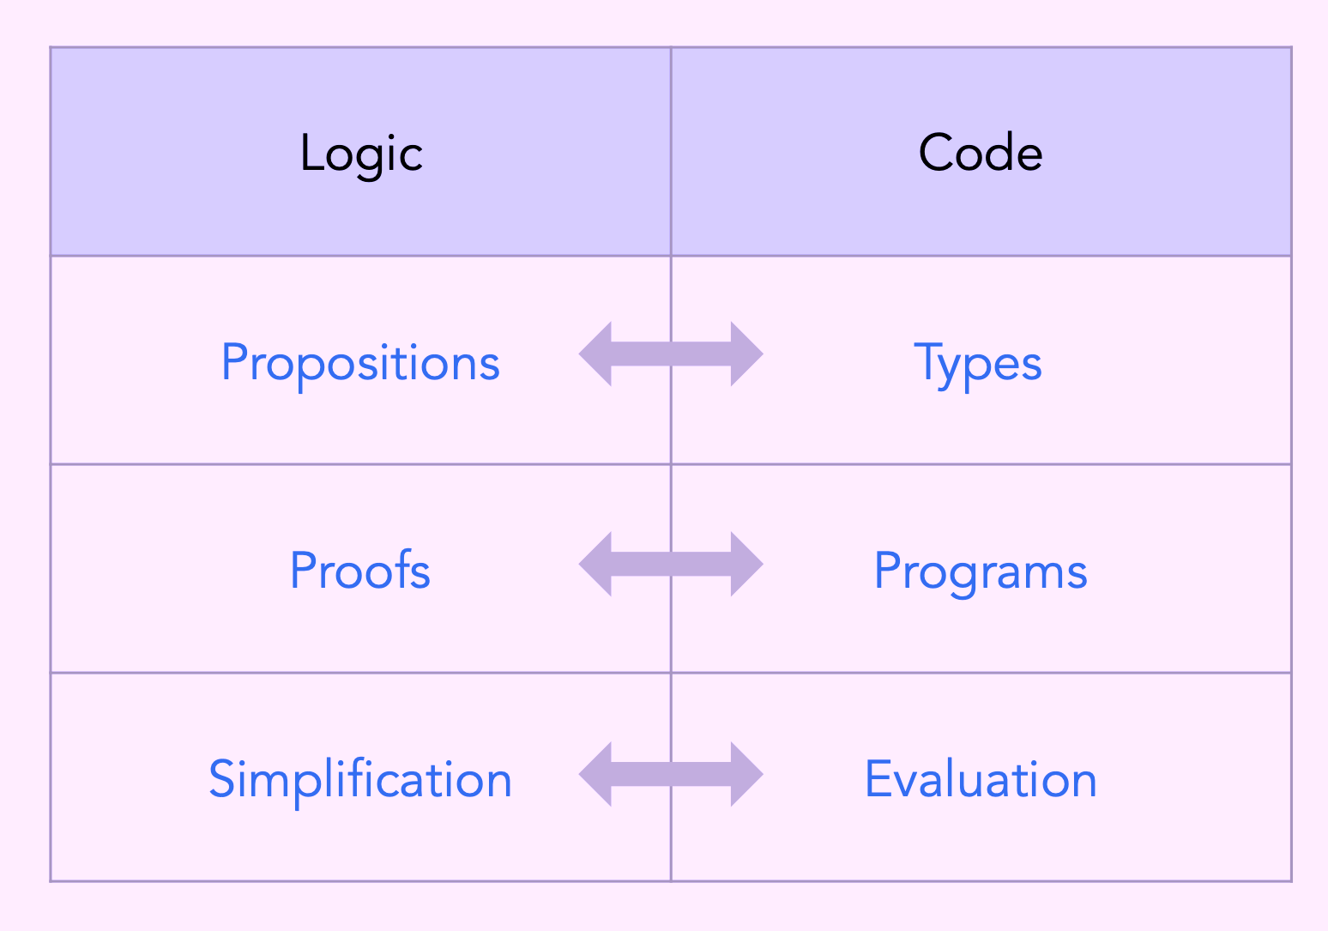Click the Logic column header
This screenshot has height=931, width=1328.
point(361,154)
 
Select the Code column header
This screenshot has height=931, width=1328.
point(981,153)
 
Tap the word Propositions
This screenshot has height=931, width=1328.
point(360,364)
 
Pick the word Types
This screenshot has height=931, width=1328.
point(978,364)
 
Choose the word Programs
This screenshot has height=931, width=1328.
point(981,572)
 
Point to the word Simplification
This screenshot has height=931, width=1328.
point(359,780)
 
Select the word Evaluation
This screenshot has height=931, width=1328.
point(981,779)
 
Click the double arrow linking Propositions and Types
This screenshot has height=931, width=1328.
point(671,354)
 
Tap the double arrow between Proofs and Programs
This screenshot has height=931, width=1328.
point(671,564)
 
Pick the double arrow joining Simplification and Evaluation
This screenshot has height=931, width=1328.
point(671,774)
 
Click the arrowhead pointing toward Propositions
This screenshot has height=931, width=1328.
point(595,354)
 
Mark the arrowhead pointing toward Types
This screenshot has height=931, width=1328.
point(747,354)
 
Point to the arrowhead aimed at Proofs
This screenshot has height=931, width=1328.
point(595,564)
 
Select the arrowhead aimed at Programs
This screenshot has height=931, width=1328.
point(747,564)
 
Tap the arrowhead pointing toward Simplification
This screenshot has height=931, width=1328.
point(595,774)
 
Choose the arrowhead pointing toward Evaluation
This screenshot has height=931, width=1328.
point(747,774)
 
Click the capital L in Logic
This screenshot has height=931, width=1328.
point(312,153)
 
